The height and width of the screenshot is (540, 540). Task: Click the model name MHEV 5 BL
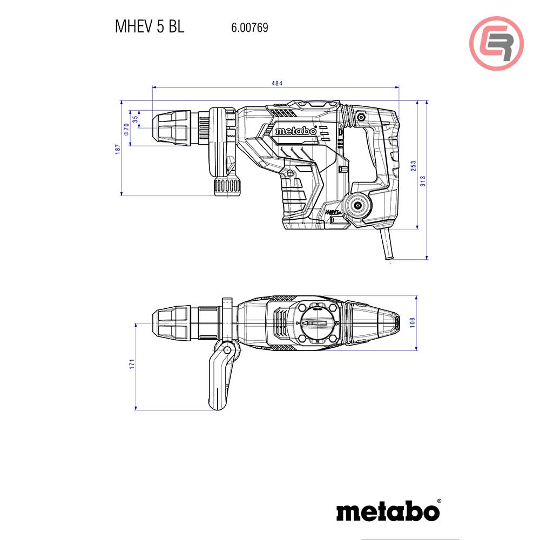(x=149, y=27)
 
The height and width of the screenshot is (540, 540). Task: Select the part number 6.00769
(x=249, y=27)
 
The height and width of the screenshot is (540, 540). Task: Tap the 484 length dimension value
(x=276, y=83)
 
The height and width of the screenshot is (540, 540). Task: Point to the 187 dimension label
(x=117, y=150)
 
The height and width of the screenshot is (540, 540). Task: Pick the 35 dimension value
(x=136, y=118)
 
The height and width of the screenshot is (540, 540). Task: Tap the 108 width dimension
(x=413, y=322)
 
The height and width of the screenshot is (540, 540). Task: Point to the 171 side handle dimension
(x=131, y=364)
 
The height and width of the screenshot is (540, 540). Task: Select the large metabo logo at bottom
(x=388, y=510)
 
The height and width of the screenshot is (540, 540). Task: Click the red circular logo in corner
(x=496, y=43)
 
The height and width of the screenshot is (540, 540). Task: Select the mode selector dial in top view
(x=317, y=323)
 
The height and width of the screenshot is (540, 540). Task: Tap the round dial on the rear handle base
(x=358, y=205)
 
